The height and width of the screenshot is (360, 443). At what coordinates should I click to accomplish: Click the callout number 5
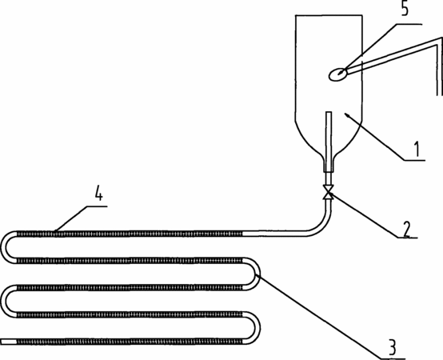coord(405,9)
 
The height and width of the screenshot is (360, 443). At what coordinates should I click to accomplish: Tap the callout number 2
coord(406,229)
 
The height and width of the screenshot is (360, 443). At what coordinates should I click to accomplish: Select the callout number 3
coord(393,347)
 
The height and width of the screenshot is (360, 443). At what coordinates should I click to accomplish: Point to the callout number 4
coord(98,194)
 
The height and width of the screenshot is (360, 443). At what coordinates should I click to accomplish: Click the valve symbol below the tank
coord(329,192)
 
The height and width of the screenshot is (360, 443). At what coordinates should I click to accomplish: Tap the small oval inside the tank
coord(337,74)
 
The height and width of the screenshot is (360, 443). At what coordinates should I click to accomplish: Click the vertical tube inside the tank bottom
coord(329,142)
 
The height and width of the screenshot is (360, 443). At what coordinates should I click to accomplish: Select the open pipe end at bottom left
coord(9,342)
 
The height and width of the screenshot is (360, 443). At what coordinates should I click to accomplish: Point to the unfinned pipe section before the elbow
coord(274,234)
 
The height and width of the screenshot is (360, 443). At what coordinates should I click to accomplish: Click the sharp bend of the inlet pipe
coord(440,39)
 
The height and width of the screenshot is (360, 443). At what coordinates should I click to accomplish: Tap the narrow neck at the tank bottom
coord(329,163)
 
